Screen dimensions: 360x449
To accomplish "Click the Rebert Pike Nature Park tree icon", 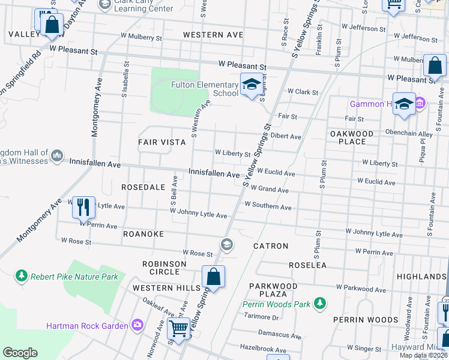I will coord(22,275).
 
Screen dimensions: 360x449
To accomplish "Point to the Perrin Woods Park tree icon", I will coord(321,304).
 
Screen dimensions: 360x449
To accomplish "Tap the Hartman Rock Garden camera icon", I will coord(139,325).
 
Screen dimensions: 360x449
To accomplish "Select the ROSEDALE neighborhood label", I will coord(143,187).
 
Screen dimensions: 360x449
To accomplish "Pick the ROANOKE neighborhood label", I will coord(143,233).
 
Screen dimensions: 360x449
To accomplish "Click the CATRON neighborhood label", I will coord(271,246).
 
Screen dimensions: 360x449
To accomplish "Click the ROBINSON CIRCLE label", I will coord(160,268).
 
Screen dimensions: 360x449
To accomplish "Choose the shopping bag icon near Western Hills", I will coord(213,277).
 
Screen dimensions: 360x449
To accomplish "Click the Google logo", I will coord(20,353).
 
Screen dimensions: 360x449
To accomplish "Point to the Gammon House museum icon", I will coord(420,104).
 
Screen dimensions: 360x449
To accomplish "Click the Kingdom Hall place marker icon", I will coord(57,155).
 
